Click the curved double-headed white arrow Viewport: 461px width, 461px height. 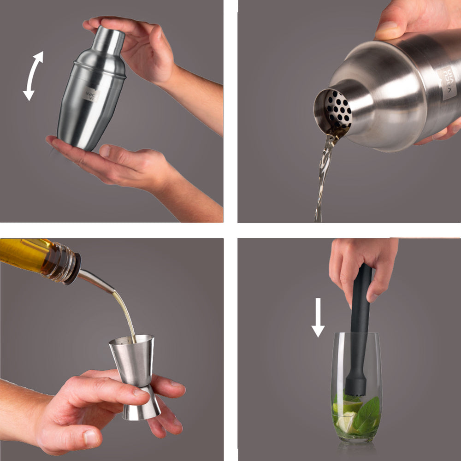tap(33, 76)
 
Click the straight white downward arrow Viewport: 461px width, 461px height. tap(318, 318)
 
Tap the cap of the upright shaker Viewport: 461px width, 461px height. tap(109, 39)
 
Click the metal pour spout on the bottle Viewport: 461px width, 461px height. tap(95, 280)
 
